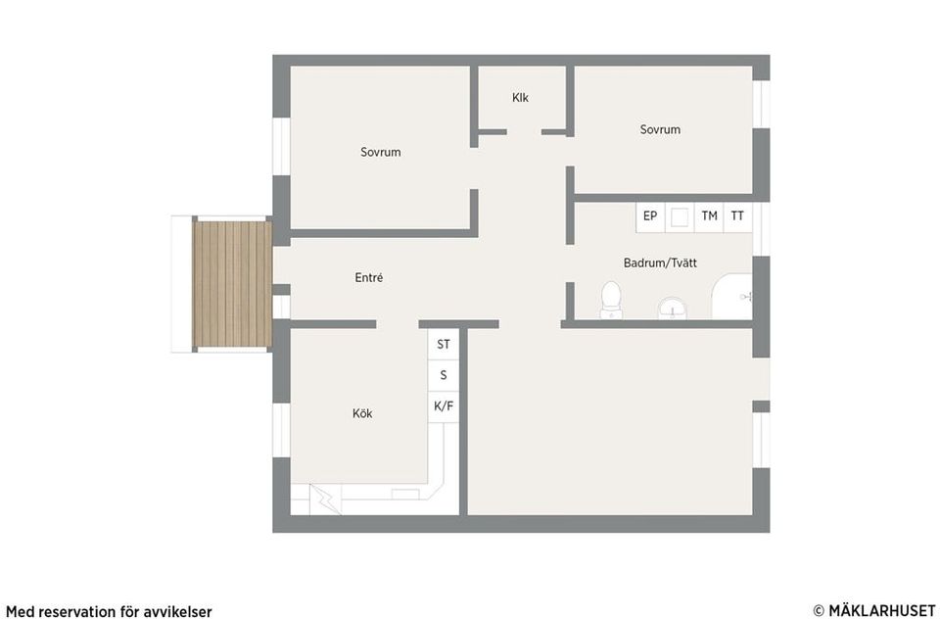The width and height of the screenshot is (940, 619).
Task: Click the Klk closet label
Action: point(520,97)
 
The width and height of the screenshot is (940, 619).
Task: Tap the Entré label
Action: point(369,278)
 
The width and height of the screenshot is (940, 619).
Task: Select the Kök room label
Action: point(362,413)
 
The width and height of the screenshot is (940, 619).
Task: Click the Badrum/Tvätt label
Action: point(660,262)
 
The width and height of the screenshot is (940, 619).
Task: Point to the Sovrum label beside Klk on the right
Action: point(660,129)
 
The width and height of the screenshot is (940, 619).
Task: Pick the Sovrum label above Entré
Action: point(381,153)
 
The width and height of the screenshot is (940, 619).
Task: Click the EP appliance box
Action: point(650,216)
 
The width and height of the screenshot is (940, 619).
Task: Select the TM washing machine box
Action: point(709,216)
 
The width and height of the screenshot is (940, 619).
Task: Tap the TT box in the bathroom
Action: point(738,216)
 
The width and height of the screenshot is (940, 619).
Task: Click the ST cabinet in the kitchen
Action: point(444,345)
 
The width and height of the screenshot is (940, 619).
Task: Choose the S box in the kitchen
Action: point(444,375)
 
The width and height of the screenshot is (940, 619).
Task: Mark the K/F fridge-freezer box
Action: point(444,406)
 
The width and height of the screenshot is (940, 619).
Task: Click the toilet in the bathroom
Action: point(611,300)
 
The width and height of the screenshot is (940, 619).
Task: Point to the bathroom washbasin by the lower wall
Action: point(673,309)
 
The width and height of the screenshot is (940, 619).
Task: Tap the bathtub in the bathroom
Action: point(732,297)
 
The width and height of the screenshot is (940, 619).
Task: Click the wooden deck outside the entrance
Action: point(232,284)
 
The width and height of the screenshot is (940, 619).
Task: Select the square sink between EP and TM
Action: point(680,217)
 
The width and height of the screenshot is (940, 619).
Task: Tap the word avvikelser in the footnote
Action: point(178,612)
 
